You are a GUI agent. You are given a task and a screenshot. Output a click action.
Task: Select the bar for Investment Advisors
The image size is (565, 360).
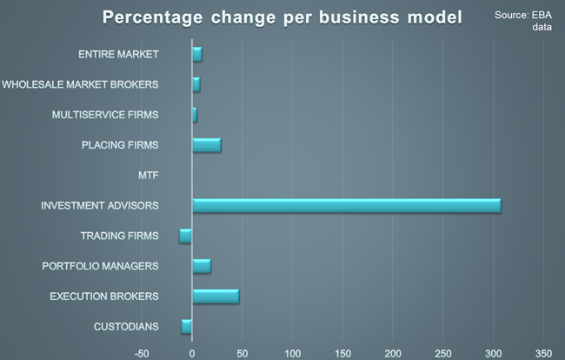[346, 205]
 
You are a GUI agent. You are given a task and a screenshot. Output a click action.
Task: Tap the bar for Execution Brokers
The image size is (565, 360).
[215, 297]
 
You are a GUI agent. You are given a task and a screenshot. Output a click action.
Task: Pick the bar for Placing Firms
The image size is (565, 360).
[206, 144]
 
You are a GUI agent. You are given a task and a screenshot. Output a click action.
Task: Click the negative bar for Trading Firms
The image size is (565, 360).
[185, 236]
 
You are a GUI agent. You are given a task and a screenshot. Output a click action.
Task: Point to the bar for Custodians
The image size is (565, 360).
[186, 326]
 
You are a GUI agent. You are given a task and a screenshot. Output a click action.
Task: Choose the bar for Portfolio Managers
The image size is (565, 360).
[201, 266]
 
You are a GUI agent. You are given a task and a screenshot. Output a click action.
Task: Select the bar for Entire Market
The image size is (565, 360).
[196, 54]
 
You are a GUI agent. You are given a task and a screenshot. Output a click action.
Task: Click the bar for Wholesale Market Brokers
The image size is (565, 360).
[196, 84]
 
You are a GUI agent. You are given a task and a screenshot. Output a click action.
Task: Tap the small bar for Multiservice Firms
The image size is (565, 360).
[194, 114]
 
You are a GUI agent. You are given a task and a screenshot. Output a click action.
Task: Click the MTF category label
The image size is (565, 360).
[148, 176]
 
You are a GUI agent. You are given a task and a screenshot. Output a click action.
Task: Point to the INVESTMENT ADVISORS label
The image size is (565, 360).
[100, 206]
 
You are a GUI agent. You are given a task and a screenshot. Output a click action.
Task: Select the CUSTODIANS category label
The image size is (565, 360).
[126, 327]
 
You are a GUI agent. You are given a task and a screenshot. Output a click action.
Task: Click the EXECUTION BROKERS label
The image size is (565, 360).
[104, 297]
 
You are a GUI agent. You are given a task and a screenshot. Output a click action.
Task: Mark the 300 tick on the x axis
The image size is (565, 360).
[494, 352]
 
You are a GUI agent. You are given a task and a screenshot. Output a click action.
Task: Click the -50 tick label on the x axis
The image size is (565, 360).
[142, 352]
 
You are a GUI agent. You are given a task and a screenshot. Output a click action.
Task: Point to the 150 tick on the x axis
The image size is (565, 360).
[342, 352]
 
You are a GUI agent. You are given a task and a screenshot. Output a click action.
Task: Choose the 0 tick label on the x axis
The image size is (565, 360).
[192, 352]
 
